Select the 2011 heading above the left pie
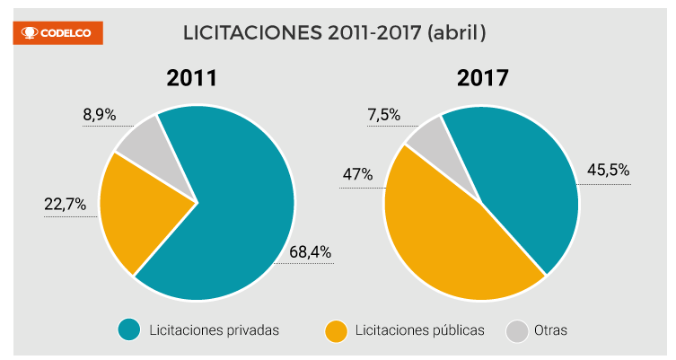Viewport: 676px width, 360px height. (192, 78)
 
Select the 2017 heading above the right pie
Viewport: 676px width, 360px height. (483, 78)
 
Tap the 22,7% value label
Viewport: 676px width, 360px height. (66, 205)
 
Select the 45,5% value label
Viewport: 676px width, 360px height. (608, 170)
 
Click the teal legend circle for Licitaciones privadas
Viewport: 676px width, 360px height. (130, 330)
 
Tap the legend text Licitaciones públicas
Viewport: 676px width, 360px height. (419, 330)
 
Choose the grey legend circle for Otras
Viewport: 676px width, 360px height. (516, 330)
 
